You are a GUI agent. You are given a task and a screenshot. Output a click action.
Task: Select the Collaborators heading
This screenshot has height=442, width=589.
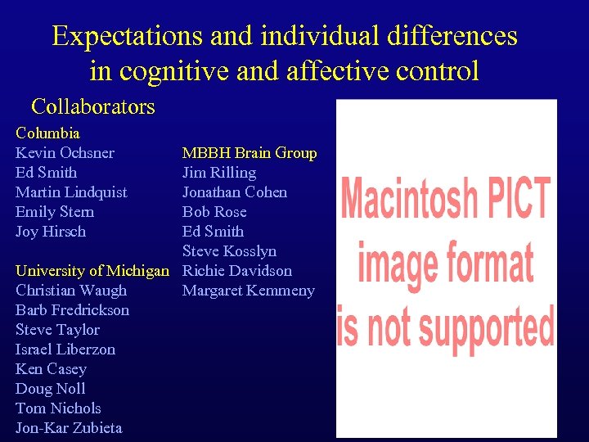[92, 106]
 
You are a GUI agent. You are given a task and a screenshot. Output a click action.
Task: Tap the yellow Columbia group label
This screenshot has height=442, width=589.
[47, 133]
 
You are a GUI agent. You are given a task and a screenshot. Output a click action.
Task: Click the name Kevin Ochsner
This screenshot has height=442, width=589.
[65, 153]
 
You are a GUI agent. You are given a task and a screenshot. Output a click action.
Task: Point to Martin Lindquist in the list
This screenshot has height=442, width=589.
[71, 192]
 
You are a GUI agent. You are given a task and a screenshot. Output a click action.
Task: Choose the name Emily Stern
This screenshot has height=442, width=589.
[54, 212]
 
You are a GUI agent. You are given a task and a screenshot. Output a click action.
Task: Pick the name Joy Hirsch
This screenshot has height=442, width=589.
[50, 232]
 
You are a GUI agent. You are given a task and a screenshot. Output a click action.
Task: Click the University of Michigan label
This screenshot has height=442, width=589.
[92, 271]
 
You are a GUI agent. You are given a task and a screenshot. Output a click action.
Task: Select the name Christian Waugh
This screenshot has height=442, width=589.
[71, 291]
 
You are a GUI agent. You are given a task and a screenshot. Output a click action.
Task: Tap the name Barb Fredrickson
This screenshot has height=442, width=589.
[72, 310]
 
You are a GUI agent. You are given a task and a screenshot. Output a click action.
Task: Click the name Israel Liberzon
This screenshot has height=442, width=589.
[65, 350]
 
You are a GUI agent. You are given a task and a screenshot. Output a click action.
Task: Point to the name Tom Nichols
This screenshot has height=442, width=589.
[58, 408]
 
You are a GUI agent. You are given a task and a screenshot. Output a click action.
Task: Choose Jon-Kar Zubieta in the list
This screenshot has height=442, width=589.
[69, 428]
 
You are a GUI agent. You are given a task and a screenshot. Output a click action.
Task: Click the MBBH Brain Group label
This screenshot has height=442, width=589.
[250, 153]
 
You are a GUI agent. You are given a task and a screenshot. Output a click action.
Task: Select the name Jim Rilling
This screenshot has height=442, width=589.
[219, 173]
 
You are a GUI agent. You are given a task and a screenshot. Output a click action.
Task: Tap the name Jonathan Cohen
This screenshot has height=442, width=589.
[235, 192]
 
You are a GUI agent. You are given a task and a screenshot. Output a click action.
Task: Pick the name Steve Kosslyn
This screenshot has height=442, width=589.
[229, 251]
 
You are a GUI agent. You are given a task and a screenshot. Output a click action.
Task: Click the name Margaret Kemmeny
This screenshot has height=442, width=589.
[248, 291]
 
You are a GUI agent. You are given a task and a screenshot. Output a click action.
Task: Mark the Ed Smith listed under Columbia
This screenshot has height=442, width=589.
[46, 173]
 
